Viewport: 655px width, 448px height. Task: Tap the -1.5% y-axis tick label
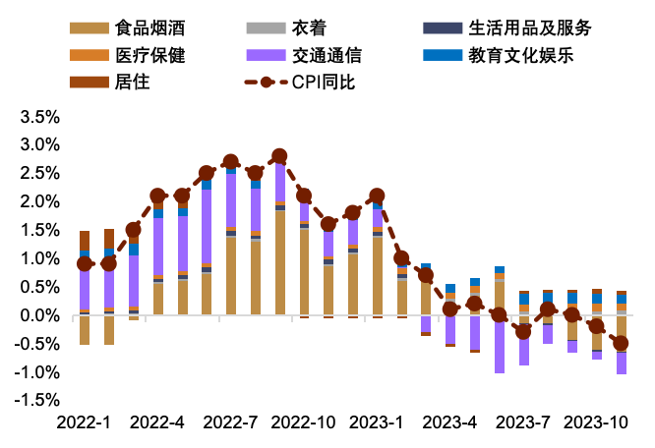point(36,401)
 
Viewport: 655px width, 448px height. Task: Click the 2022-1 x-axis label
point(85,421)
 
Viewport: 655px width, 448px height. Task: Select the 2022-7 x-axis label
point(230,421)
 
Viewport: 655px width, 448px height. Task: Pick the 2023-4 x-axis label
point(449,421)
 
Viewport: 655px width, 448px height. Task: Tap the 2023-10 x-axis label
point(596,421)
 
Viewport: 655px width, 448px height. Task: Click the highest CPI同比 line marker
point(279,156)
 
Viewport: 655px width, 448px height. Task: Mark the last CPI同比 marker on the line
point(621,344)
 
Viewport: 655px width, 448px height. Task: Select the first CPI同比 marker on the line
point(85,263)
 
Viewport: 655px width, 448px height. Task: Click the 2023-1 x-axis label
point(377,421)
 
